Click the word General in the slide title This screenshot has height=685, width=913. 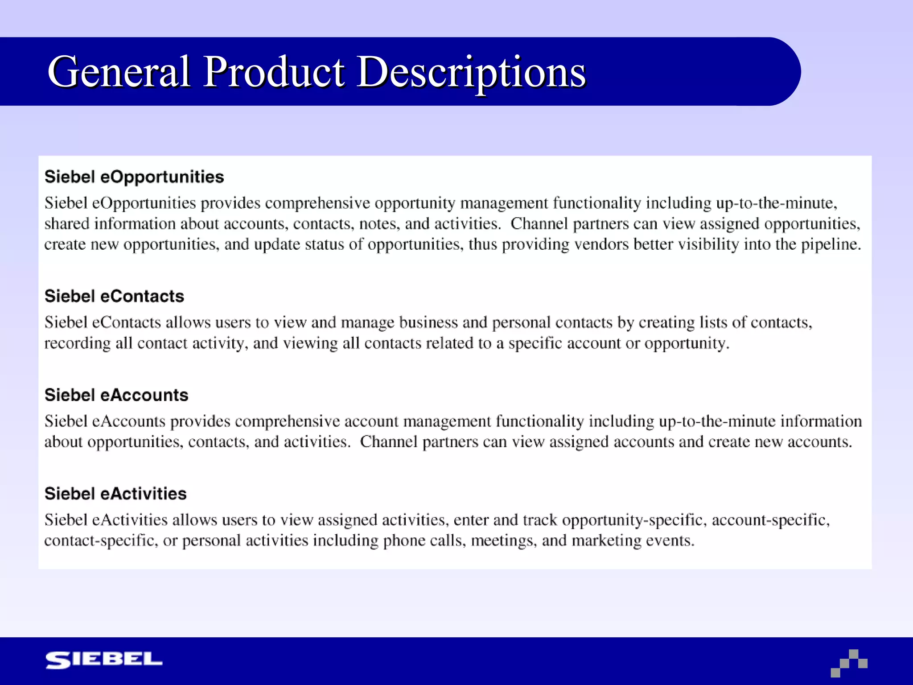(119, 71)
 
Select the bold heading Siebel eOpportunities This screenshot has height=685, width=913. (134, 177)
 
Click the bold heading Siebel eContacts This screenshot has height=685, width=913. (114, 296)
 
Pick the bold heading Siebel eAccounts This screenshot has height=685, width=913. (116, 395)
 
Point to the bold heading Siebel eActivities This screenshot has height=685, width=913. (115, 494)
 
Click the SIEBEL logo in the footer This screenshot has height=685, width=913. (104, 660)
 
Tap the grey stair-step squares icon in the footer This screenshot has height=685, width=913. (849, 663)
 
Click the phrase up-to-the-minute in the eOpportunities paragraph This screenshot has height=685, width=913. (776, 203)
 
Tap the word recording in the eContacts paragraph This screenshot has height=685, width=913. (77, 343)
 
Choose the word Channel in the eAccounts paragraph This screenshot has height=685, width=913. (388, 442)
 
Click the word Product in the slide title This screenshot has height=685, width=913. (274, 71)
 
